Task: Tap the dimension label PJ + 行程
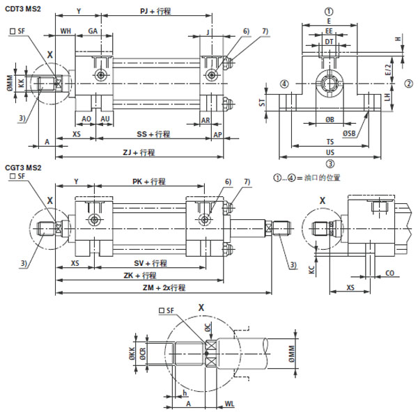[155, 12]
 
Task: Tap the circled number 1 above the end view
[330, 11]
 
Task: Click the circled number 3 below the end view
[330, 164]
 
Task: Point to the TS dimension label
[330, 142]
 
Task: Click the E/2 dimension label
[388, 70]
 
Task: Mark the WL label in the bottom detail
[229, 403]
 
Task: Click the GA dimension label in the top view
[93, 31]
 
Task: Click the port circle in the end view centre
[330, 85]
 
